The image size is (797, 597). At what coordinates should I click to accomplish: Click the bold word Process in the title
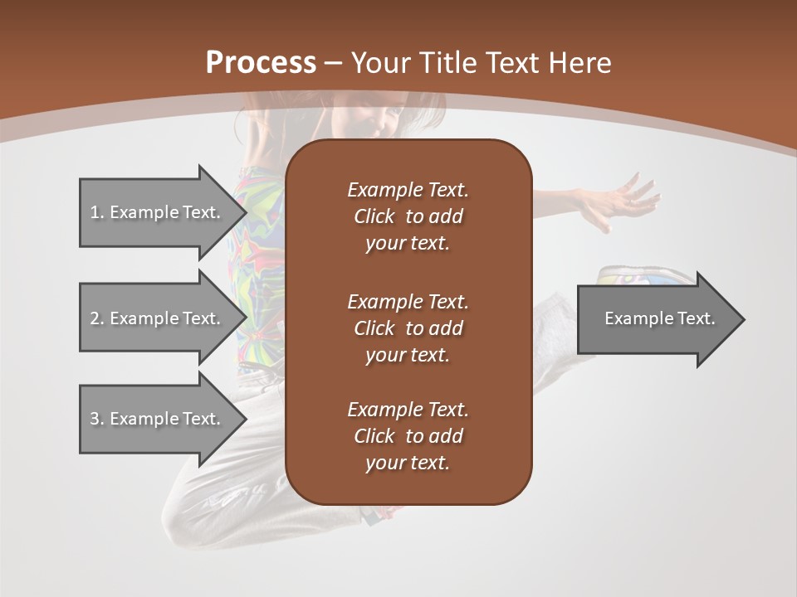pyautogui.click(x=261, y=62)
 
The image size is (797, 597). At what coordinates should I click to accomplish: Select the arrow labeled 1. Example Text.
pyautogui.click(x=158, y=212)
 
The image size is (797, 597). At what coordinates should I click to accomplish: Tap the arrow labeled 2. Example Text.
pyautogui.click(x=158, y=318)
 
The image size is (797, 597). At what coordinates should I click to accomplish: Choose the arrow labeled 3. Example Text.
pyautogui.click(x=158, y=419)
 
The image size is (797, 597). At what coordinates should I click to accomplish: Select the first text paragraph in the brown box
pyautogui.click(x=408, y=216)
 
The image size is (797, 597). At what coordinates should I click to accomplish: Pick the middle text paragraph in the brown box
pyautogui.click(x=408, y=328)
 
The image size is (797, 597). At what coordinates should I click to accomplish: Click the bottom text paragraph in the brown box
pyautogui.click(x=408, y=436)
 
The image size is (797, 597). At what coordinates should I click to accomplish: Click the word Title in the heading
pyautogui.click(x=450, y=62)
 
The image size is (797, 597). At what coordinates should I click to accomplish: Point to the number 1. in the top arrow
pyautogui.click(x=97, y=212)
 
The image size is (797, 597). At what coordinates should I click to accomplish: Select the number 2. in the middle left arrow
pyautogui.click(x=97, y=318)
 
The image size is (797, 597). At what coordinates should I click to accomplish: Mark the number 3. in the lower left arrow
pyautogui.click(x=97, y=419)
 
